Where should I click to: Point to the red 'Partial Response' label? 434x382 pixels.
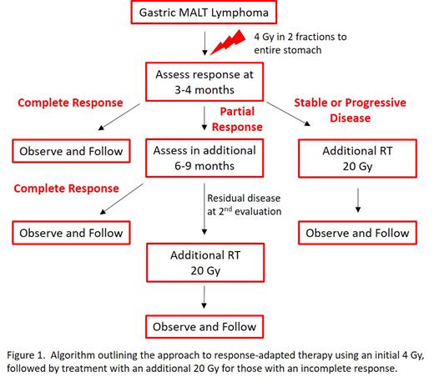pos(244,118)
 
